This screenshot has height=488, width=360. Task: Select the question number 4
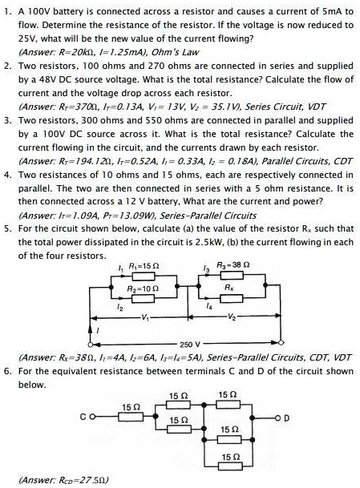coord(8,173)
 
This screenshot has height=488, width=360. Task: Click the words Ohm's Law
coord(178,52)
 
